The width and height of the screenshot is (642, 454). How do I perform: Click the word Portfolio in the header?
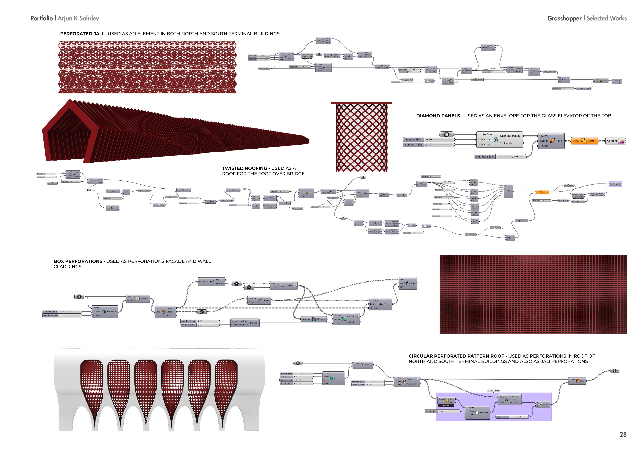41,19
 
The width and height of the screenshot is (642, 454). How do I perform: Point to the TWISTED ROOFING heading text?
244,168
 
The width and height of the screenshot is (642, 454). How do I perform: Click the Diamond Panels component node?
499,140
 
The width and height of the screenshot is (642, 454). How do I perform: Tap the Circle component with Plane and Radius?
577,381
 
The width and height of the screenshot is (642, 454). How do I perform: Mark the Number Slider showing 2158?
296,374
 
